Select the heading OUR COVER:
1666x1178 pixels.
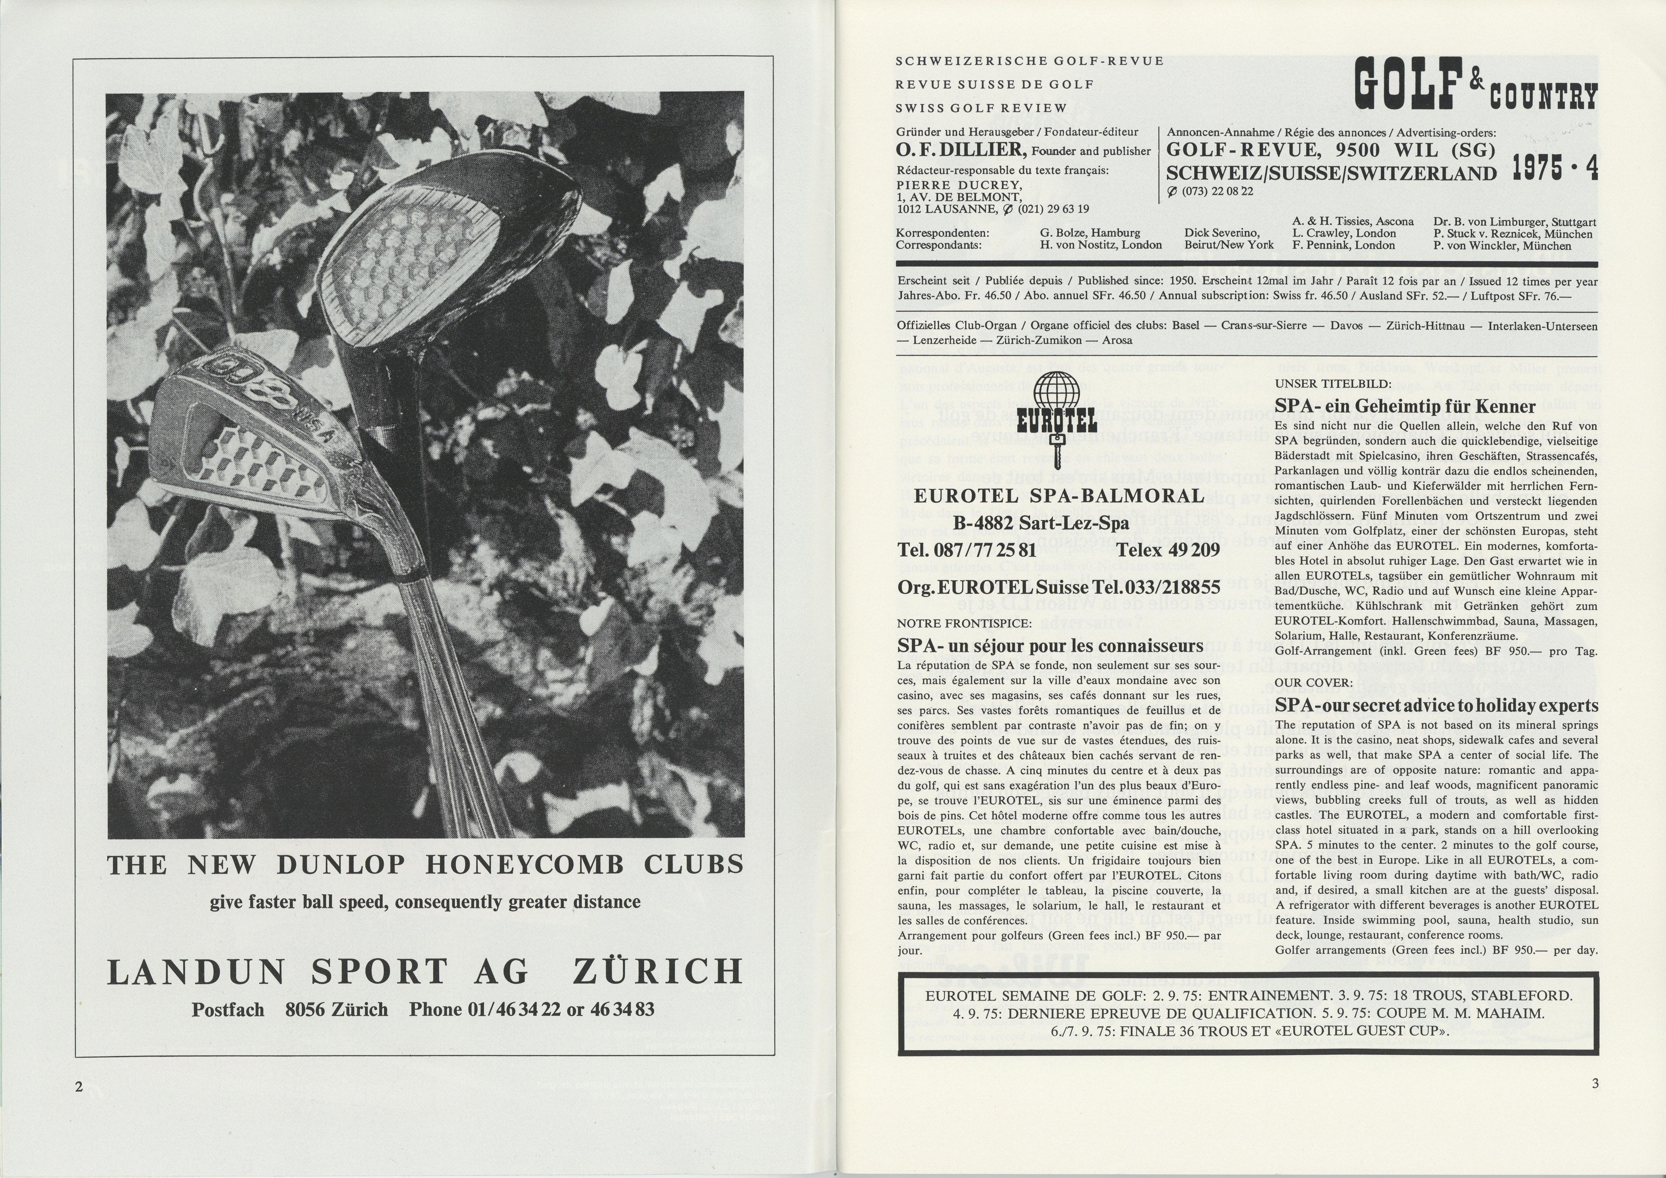(x=1304, y=682)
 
